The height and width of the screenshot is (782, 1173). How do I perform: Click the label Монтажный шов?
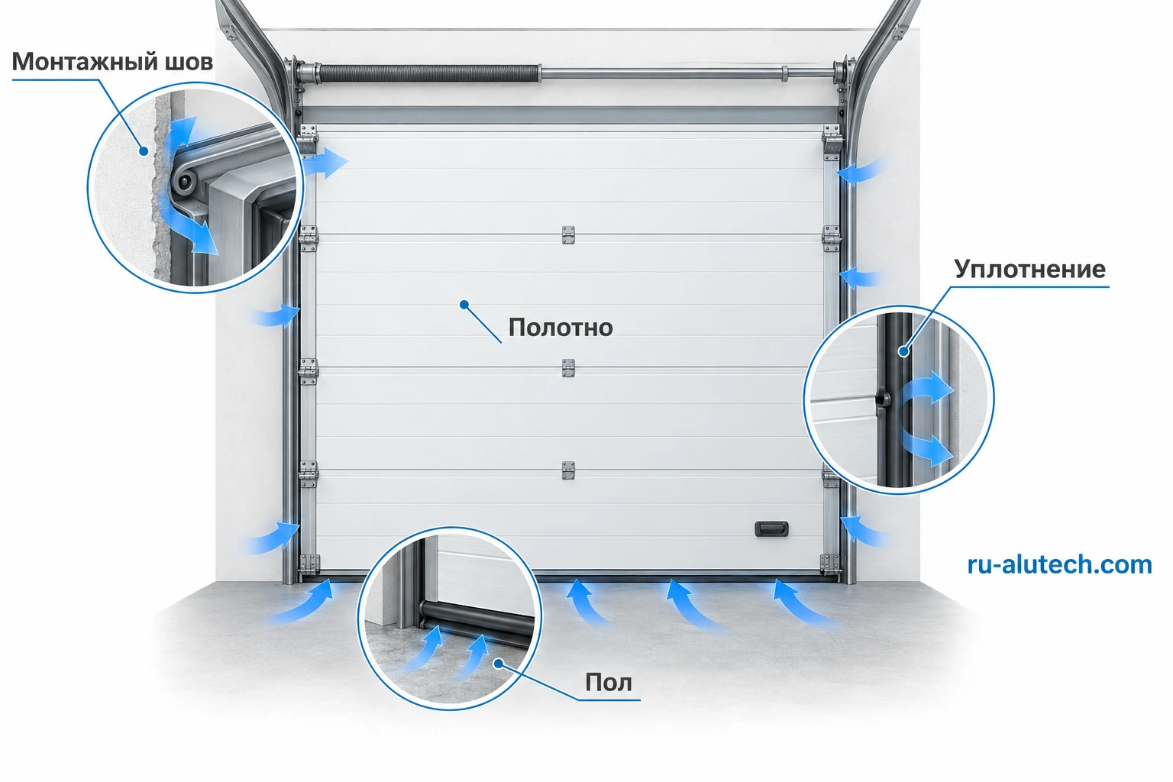tap(112, 62)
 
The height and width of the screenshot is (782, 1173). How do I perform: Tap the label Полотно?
tap(561, 328)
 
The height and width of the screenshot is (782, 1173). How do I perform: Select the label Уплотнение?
tap(1029, 270)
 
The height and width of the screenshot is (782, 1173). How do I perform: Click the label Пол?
tap(609, 683)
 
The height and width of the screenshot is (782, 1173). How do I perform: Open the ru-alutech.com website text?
tap(1059, 564)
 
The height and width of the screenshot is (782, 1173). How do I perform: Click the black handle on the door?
tap(771, 528)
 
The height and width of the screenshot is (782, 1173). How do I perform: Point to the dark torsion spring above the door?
tap(429, 73)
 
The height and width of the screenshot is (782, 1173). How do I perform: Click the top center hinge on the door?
tap(568, 235)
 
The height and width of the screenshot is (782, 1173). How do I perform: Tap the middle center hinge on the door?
tap(568, 368)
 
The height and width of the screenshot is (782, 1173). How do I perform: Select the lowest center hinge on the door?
tap(568, 470)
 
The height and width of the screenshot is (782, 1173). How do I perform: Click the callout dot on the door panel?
tap(464, 304)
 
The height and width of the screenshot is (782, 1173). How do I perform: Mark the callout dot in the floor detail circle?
tap(499, 664)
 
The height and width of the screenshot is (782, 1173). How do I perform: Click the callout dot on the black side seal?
tap(904, 351)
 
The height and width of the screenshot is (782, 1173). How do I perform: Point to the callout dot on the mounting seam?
tap(143, 151)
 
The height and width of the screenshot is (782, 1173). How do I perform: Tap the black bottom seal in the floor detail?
tap(477, 621)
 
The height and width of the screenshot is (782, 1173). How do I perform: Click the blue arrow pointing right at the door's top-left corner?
tap(326, 163)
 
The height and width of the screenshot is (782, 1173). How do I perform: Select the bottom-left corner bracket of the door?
tap(309, 564)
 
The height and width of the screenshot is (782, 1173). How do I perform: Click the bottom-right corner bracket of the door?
tap(830, 564)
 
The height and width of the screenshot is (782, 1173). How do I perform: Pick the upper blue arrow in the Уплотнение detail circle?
tap(927, 389)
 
